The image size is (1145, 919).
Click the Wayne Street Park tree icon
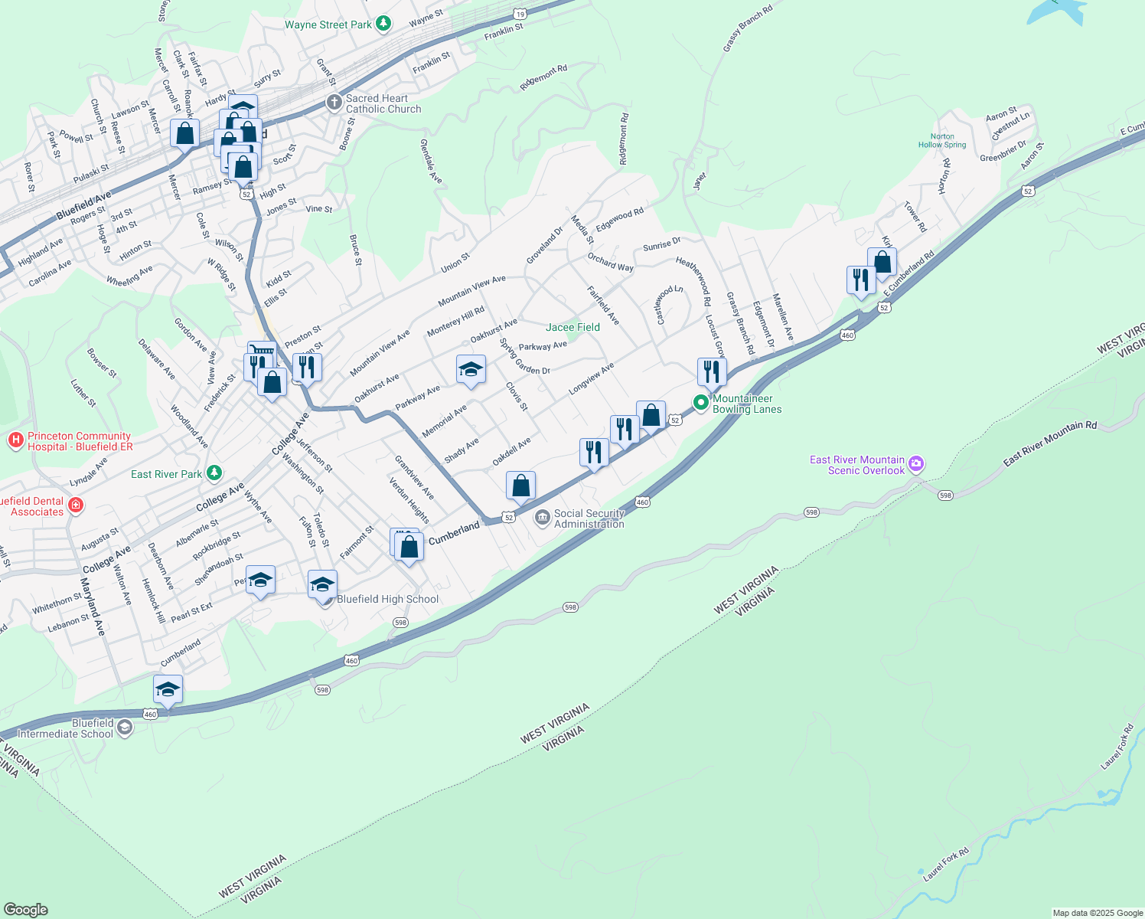(383, 25)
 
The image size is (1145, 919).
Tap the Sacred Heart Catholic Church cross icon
(334, 103)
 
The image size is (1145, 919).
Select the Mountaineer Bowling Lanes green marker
(700, 402)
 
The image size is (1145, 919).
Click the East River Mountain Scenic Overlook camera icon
(917, 464)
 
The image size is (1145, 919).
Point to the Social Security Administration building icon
(543, 518)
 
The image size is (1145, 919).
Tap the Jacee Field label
(572, 327)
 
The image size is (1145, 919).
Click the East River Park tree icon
(214, 473)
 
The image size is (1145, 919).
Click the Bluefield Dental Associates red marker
(75, 505)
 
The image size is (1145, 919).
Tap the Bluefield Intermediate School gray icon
(125, 728)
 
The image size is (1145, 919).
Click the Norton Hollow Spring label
(942, 141)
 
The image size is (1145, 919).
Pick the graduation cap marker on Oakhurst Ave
(471, 371)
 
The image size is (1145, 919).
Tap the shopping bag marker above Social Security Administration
(520, 486)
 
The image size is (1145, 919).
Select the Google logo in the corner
(26, 909)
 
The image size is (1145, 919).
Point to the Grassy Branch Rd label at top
(748, 30)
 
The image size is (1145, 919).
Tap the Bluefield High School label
(388, 600)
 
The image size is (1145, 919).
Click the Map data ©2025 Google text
(1097, 913)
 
